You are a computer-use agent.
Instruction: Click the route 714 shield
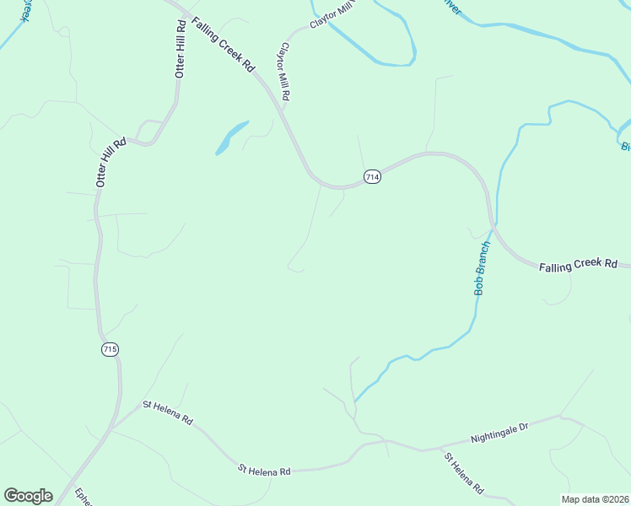point(373,176)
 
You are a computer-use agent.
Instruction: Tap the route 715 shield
point(110,349)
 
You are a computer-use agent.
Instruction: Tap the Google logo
point(28,496)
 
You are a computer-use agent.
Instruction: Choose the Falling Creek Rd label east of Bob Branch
point(579,265)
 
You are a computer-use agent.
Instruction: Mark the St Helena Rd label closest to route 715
point(168,413)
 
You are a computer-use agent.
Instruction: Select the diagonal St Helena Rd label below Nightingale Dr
point(464,473)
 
